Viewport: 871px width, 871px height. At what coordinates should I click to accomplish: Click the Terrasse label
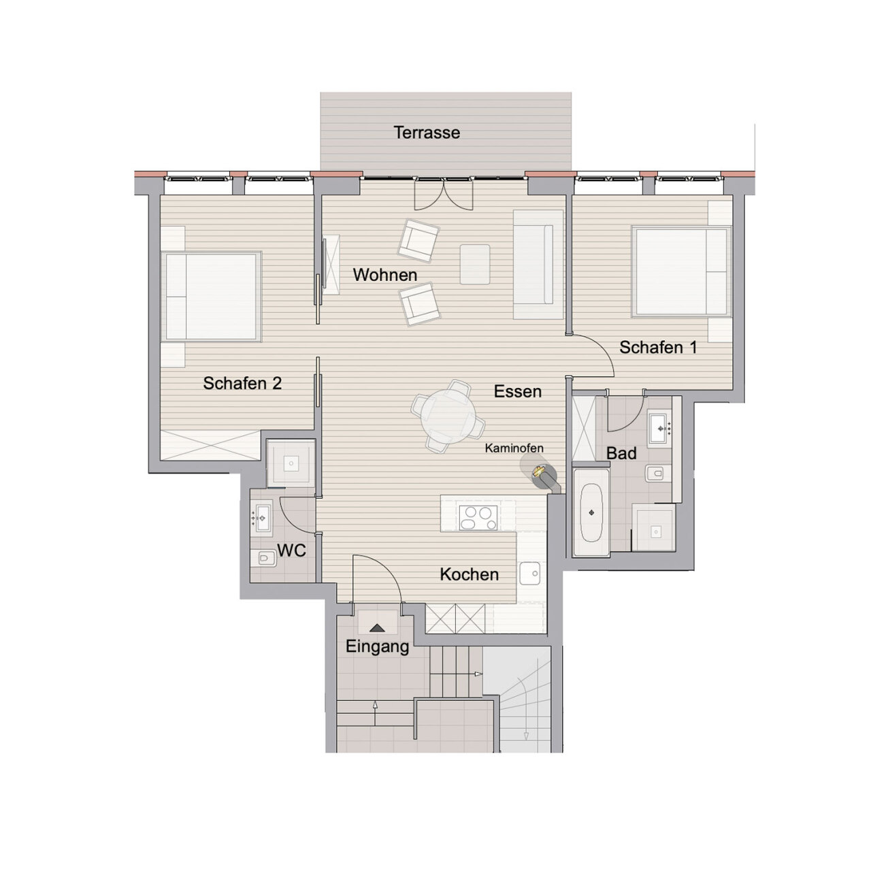tap(427, 133)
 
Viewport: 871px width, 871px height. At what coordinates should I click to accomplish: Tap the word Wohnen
tap(385, 275)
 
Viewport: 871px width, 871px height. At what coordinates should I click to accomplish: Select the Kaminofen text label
tap(514, 448)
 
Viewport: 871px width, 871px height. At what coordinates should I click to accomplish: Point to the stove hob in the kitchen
tap(478, 518)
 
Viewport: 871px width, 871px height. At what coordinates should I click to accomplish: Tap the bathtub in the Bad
tap(591, 512)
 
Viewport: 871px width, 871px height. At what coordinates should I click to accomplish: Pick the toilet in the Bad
tap(655, 474)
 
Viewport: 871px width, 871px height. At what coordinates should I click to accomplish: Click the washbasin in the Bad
tap(660, 427)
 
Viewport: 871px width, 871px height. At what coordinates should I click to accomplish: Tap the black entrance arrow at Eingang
tap(377, 628)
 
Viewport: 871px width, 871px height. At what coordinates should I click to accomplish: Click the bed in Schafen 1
tap(682, 272)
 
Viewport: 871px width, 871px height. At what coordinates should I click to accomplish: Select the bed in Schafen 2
tap(212, 297)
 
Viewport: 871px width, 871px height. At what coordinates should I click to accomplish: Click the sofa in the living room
tap(538, 265)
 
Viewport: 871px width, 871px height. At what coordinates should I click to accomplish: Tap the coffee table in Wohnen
tap(475, 265)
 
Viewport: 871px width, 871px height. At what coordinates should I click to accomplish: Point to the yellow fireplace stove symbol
tap(538, 471)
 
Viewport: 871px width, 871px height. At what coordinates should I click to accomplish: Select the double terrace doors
tap(444, 193)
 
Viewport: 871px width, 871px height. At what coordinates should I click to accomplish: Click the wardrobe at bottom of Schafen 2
tap(211, 446)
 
